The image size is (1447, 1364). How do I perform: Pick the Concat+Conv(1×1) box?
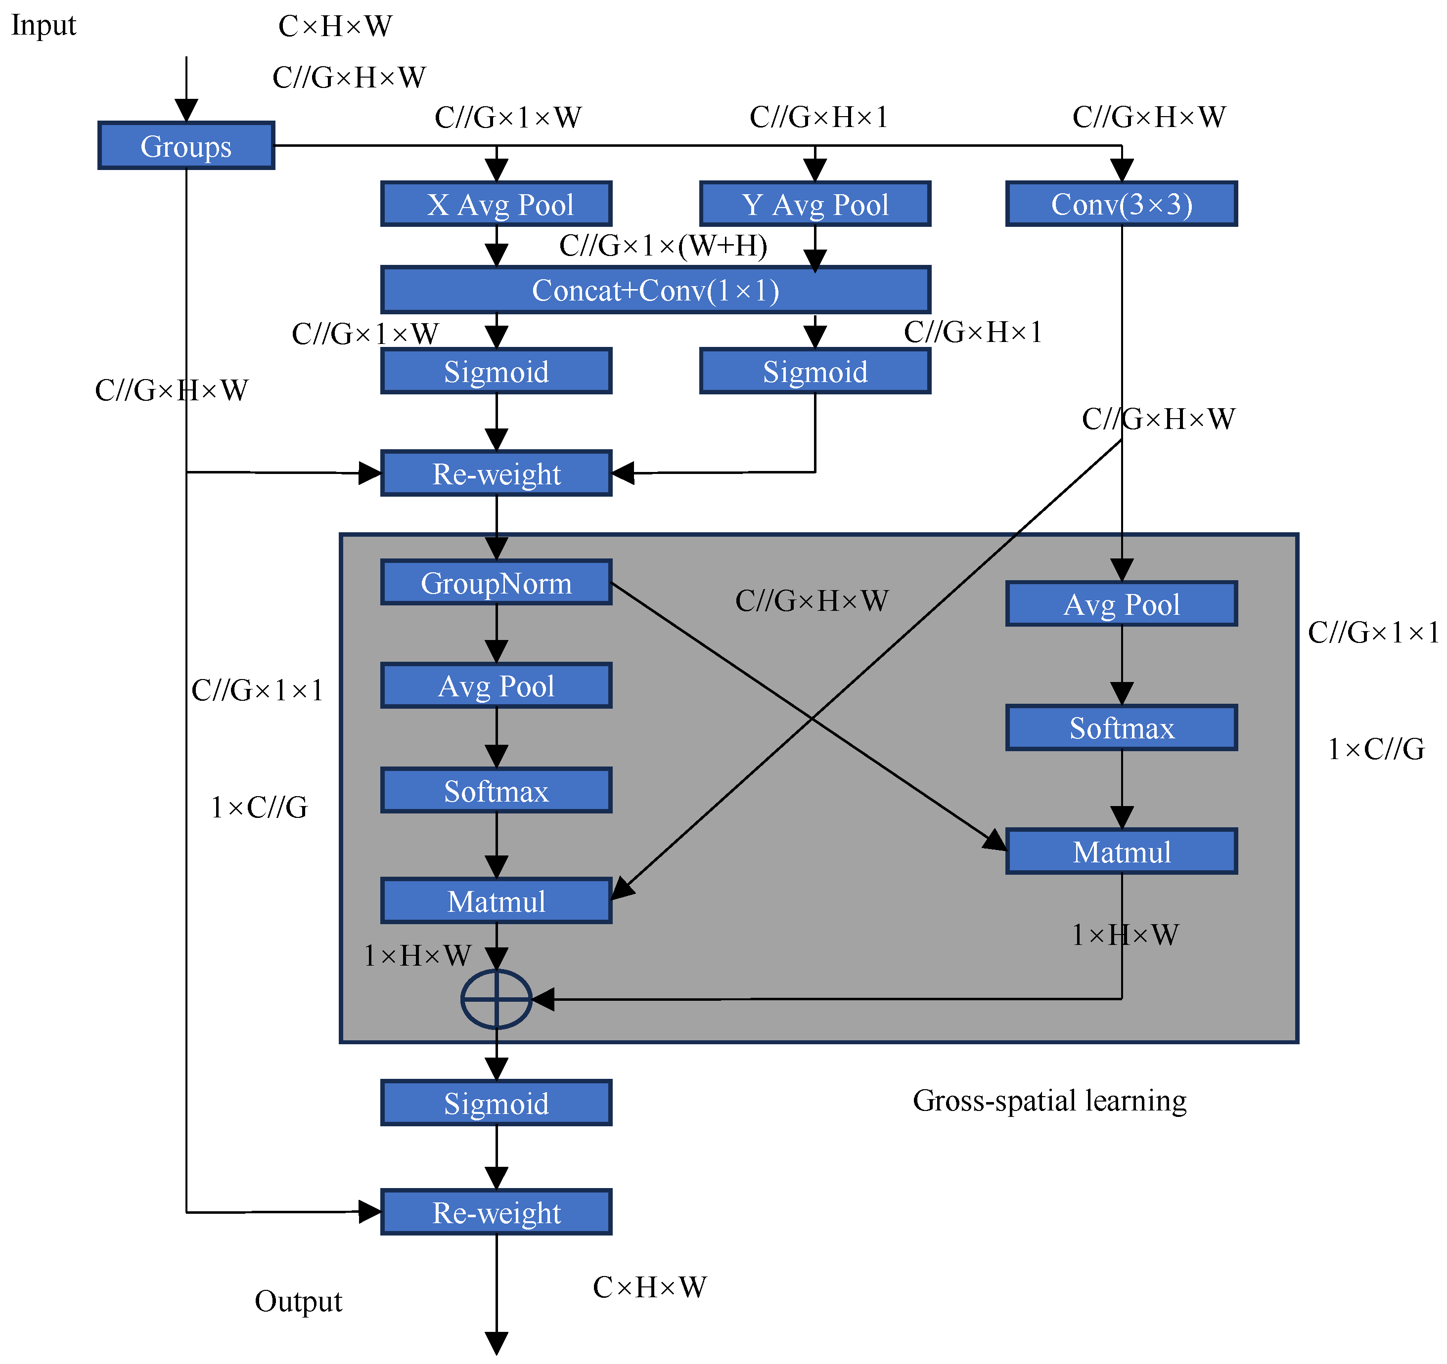pos(656,290)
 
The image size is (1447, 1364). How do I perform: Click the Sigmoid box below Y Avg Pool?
pos(815,372)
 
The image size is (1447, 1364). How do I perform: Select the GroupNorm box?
pos(497,583)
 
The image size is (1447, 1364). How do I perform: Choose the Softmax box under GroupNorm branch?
pos(497,791)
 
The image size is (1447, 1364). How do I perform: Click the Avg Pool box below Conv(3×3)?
pos(1122,604)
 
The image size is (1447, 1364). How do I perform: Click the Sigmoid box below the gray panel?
pos(497,1104)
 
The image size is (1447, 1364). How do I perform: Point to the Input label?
pos(44,26)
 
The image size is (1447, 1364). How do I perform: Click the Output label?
pos(298,1301)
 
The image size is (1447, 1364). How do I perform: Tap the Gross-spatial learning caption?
pos(1049,1101)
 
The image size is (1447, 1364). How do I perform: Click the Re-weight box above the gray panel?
pos(497,473)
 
